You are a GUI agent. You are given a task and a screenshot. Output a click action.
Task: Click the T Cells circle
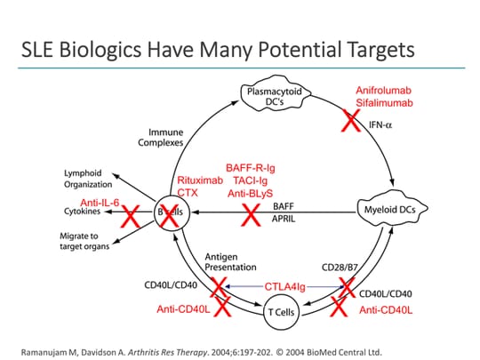275,310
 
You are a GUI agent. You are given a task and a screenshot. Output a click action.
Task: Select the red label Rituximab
196,179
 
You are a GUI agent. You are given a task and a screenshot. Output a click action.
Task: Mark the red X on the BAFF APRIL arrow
250,213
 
